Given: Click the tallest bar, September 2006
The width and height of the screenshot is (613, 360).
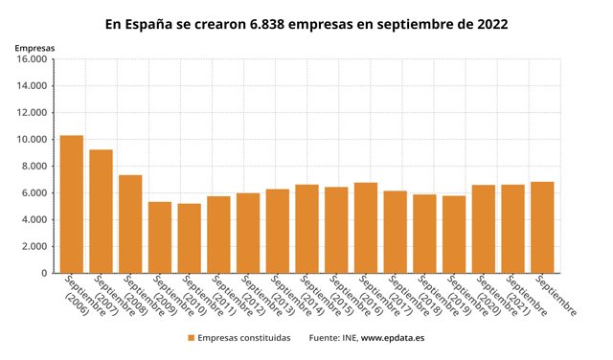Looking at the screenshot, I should click(72, 204).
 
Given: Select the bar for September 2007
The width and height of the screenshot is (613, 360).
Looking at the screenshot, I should click(102, 212).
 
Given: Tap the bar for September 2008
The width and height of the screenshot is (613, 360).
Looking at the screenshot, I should click(130, 224).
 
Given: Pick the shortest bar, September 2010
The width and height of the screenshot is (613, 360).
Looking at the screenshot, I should click(190, 238).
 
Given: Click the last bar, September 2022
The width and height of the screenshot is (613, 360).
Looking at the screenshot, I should click(542, 227).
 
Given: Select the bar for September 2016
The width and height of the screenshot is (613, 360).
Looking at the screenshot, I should click(366, 228).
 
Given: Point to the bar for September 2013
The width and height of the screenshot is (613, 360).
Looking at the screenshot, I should click(278, 231).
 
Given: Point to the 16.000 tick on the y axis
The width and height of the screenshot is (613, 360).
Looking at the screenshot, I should click(31, 59).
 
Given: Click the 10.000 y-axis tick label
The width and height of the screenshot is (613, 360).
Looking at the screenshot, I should click(31, 140).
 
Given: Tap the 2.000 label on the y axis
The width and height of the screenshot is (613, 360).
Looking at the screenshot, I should click(34, 247).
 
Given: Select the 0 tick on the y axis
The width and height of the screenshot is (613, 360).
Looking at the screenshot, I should click(45, 274).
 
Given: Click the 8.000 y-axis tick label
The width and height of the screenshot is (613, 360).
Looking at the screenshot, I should click(34, 167).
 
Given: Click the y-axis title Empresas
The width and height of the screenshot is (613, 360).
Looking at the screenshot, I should click(34, 47).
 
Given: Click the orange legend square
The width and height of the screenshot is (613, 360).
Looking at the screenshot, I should click(191, 338).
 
